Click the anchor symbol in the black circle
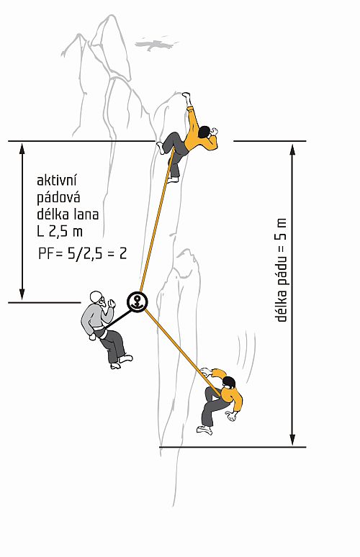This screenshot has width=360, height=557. pos(137,302)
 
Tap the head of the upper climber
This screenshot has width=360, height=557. pos(204,132)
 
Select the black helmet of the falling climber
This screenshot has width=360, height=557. pos(229,382)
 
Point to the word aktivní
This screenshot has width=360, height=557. pos(57,181)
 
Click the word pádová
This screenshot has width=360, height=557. pos(58,197)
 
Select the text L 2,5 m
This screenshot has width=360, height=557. pos(60,232)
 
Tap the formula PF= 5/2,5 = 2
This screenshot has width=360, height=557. pos(83,254)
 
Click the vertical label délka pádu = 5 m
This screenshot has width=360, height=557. pos(281,270)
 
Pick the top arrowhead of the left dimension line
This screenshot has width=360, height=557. pos(22,148)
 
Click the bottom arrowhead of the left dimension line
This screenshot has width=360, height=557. pos(22,294)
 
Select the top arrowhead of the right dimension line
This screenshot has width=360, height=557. pos(292,150)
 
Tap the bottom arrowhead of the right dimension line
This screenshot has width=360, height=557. pos(292,440)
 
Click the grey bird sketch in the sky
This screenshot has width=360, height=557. pos(156,44)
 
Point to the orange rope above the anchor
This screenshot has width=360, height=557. pos(157,221)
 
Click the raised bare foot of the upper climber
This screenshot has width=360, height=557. pos(186,96)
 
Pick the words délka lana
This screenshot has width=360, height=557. pos(68,214)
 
